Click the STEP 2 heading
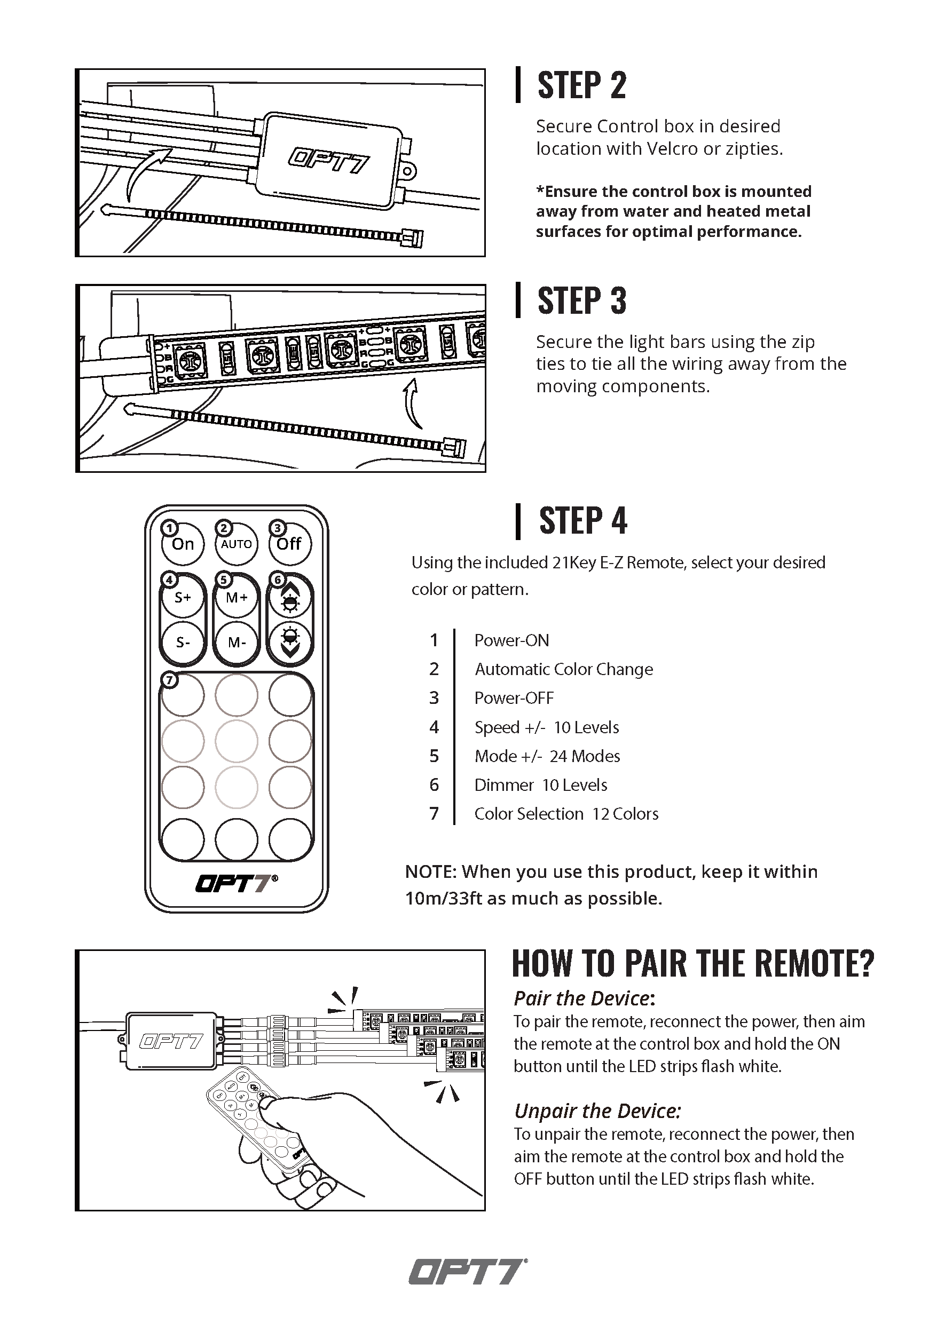click(581, 85)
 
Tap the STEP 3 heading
click(581, 300)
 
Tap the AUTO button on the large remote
click(237, 544)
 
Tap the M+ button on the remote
click(237, 597)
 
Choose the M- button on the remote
click(237, 643)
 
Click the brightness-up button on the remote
click(290, 597)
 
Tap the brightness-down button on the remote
click(290, 643)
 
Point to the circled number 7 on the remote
click(169, 680)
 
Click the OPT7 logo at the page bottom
click(468, 1272)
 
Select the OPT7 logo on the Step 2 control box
click(328, 160)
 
